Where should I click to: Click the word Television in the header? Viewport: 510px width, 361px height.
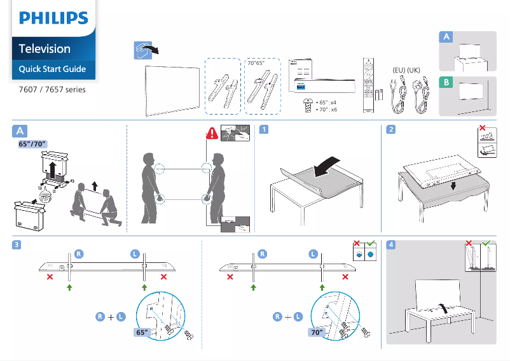click(45, 48)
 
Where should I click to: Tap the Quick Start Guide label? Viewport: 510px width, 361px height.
click(52, 69)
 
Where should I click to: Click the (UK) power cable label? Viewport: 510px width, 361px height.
click(414, 69)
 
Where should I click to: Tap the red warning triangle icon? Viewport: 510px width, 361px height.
click(212, 134)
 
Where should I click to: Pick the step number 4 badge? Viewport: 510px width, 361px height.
click(390, 244)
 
